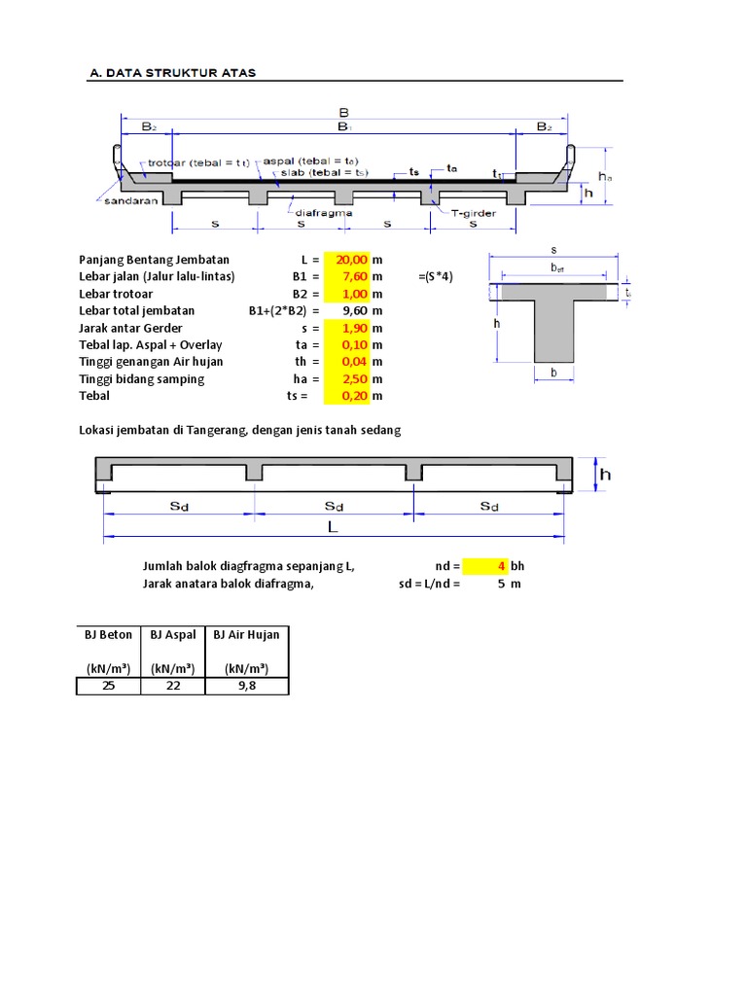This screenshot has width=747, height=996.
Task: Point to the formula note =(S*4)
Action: (x=436, y=277)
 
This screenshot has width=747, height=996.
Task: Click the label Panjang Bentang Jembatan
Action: (x=154, y=260)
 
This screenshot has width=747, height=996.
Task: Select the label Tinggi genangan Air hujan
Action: (x=151, y=362)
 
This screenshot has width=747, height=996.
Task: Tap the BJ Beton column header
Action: (x=108, y=635)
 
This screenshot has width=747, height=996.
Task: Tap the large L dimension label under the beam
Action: (x=334, y=526)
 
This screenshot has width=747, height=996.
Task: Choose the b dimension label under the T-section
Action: (x=553, y=373)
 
